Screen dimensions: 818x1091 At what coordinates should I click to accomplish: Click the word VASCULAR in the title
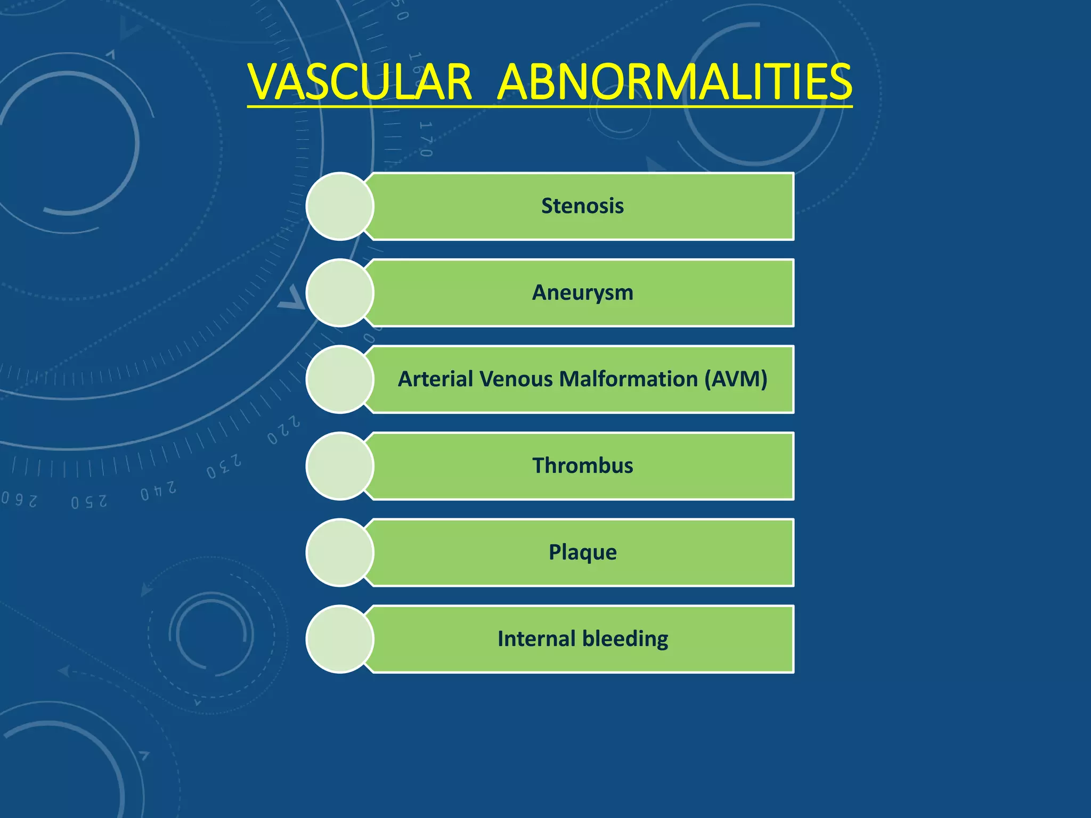tap(360, 83)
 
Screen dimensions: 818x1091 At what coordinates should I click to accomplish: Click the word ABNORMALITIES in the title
tap(674, 83)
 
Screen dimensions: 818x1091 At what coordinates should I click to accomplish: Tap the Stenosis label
tap(582, 206)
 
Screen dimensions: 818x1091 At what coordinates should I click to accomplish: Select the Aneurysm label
tap(582, 293)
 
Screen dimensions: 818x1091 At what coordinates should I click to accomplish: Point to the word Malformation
tap(629, 379)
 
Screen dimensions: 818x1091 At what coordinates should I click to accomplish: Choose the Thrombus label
tap(582, 466)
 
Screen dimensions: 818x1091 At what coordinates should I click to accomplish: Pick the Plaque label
tap(582, 552)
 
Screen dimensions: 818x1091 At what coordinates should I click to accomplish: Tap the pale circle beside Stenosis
tap(340, 206)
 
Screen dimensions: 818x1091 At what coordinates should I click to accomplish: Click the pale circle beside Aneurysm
tap(340, 293)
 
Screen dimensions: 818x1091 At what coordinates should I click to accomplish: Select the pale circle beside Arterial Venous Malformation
tap(340, 379)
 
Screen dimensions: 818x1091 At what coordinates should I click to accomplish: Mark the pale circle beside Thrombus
tap(340, 466)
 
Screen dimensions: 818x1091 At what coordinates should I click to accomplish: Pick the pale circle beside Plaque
tap(340, 552)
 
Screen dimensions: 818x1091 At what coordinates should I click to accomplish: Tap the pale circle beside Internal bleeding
tap(340, 639)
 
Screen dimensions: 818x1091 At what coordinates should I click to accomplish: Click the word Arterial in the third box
tap(435, 379)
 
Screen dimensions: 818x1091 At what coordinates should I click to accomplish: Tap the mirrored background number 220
tap(284, 429)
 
